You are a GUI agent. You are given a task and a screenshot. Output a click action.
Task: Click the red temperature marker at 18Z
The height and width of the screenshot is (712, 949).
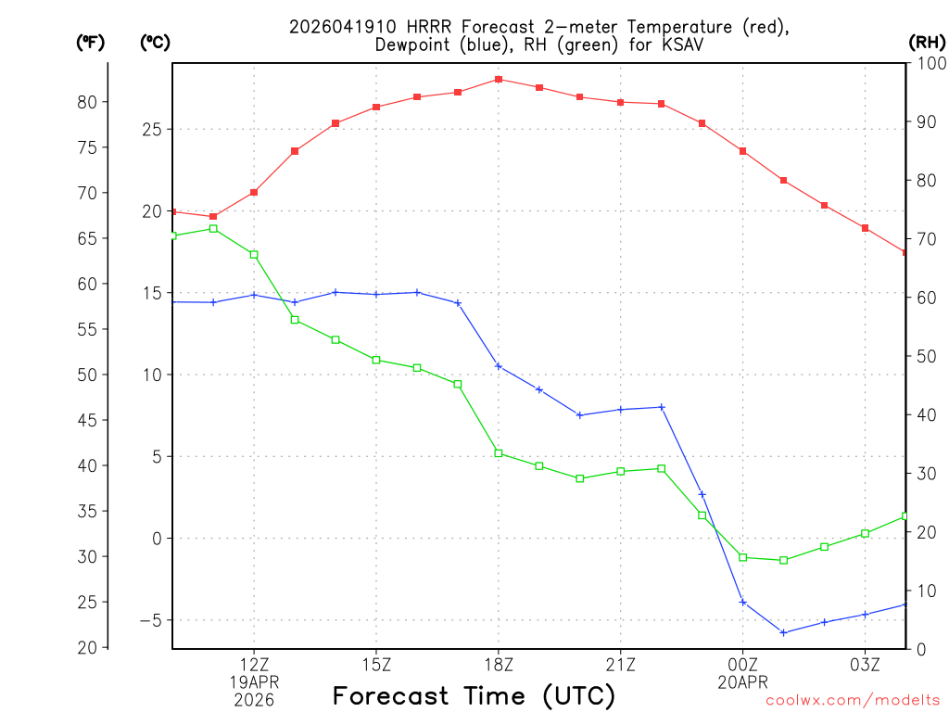[x=499, y=80]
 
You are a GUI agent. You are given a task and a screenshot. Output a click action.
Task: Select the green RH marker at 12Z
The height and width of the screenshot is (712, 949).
[x=254, y=254]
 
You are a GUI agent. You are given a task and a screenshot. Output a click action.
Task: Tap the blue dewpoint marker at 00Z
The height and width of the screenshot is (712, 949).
[x=742, y=602]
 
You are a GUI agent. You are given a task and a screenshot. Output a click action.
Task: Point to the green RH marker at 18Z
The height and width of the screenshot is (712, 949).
[x=499, y=453]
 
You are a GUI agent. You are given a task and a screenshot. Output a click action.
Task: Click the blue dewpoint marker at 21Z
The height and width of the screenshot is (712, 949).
[x=621, y=409]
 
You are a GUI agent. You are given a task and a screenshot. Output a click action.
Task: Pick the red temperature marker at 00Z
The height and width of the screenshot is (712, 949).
[x=742, y=151]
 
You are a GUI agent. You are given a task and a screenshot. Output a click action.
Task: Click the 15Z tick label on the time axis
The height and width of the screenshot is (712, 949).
[x=376, y=664]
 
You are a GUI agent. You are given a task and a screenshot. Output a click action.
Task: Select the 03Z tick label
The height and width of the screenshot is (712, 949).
[x=865, y=664]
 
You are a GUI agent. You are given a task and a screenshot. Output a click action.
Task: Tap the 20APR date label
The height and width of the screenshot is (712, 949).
[x=742, y=681]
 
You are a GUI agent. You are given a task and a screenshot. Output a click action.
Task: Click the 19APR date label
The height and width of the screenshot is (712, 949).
[x=254, y=681]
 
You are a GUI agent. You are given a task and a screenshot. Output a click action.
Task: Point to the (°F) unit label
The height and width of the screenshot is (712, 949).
[x=91, y=42]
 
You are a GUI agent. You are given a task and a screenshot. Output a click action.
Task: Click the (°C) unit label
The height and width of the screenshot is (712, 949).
[x=155, y=42]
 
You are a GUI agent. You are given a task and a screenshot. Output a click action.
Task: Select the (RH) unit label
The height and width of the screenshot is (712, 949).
[x=927, y=42]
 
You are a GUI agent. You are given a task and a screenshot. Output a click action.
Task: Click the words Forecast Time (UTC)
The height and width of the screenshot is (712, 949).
[x=474, y=695]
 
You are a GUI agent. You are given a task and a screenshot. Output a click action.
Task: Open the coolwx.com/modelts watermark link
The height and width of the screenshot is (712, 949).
[x=853, y=701]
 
